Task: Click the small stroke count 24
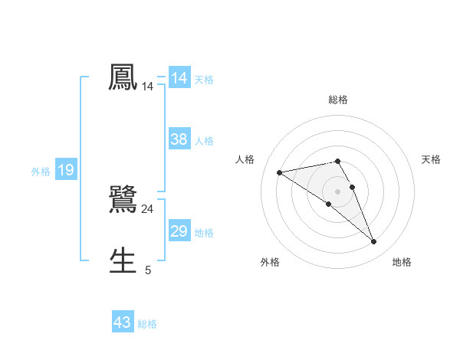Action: tap(147, 208)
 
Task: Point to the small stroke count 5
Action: tap(148, 270)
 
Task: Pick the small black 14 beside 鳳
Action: tap(147, 87)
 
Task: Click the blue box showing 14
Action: tap(179, 78)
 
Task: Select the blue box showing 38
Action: tap(179, 139)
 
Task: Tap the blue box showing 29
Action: tap(179, 231)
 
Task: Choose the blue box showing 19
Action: tap(66, 170)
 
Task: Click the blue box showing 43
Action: tap(123, 322)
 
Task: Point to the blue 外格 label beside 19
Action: tap(41, 172)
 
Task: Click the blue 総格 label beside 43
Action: tap(147, 324)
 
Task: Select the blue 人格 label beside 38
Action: tap(204, 141)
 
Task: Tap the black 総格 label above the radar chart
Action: tap(338, 100)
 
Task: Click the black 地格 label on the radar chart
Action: tap(402, 263)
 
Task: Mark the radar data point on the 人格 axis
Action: tap(280, 172)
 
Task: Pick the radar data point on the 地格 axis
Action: tap(374, 242)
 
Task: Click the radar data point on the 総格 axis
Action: tap(337, 161)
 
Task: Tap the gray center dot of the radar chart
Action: tap(338, 191)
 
